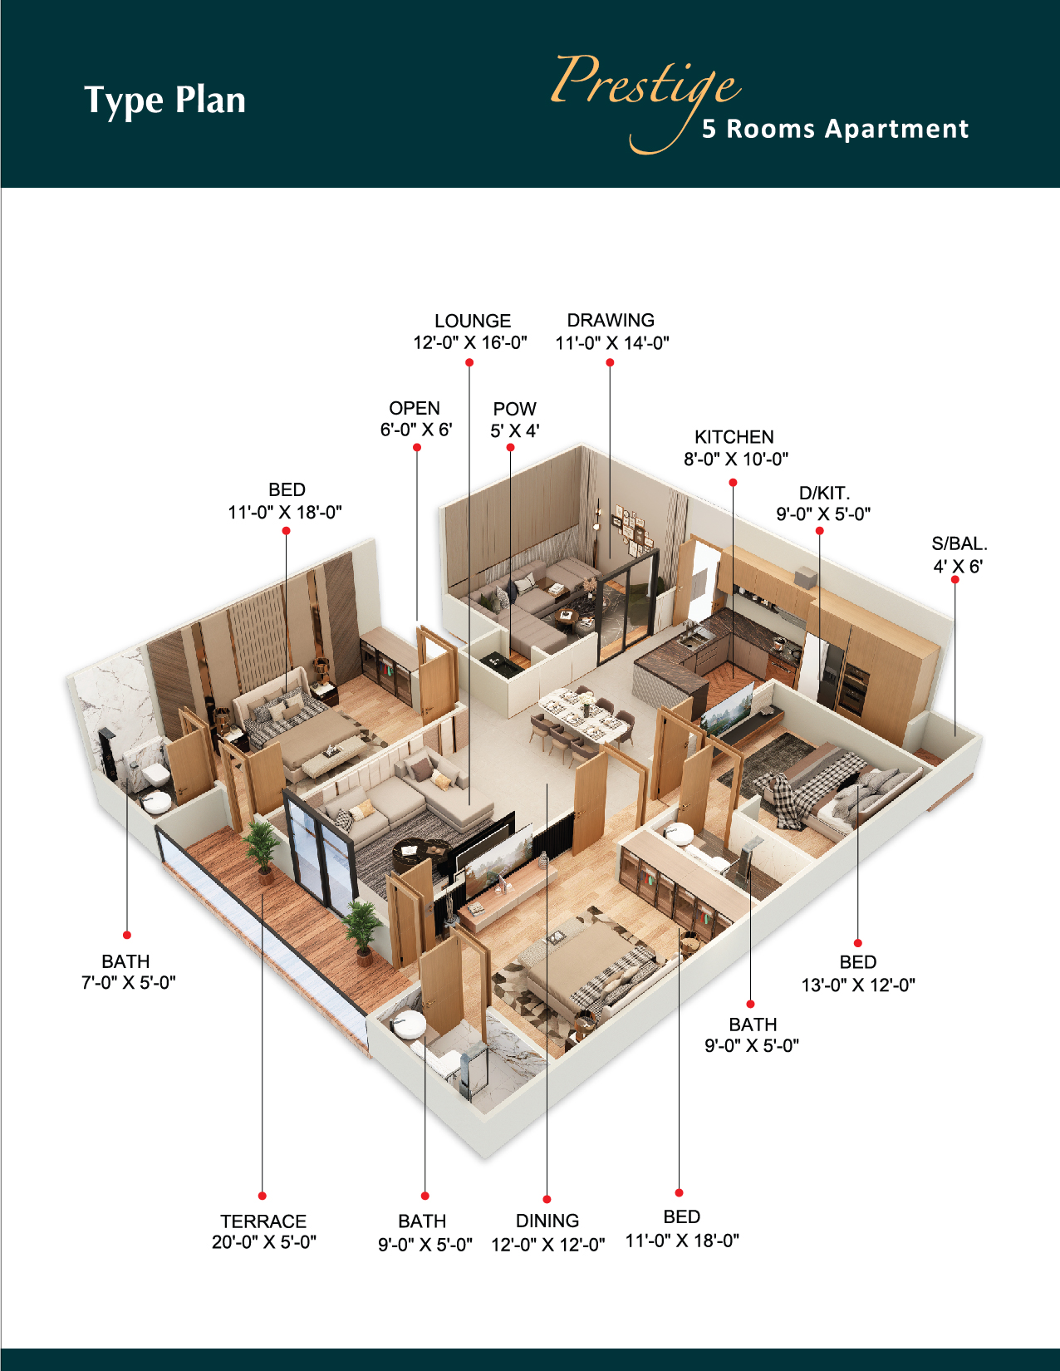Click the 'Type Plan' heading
(164, 101)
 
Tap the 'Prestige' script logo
(645, 95)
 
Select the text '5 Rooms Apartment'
(835, 129)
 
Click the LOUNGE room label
(473, 321)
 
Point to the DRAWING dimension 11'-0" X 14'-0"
(611, 342)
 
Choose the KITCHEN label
(734, 436)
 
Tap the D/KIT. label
(824, 492)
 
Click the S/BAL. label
(959, 543)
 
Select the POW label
(514, 409)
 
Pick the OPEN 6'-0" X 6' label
(415, 419)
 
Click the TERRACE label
(263, 1221)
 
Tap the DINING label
(547, 1221)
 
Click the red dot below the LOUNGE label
(469, 362)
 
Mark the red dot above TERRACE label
(263, 1196)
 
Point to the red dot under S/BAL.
(955, 579)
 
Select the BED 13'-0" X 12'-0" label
(858, 974)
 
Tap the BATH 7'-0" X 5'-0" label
(128, 971)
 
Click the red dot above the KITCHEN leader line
(733, 482)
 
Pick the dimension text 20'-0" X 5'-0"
(263, 1242)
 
